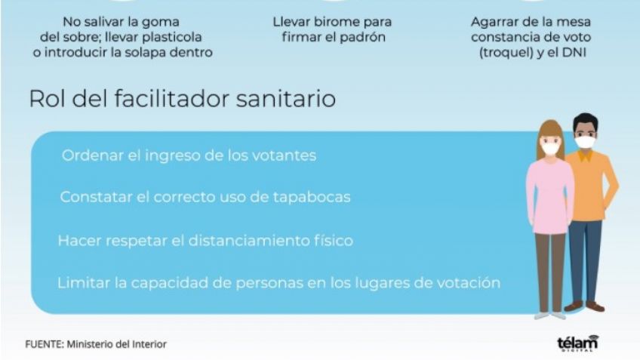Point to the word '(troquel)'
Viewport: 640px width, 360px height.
coord(506,53)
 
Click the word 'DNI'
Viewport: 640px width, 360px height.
coord(574,53)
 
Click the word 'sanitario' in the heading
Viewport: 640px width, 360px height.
coord(286,98)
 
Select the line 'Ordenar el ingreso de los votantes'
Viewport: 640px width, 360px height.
coord(189,155)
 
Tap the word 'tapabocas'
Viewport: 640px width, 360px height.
coord(312,197)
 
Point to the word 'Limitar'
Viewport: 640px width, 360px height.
coord(84,283)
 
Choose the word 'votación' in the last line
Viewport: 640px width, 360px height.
coord(469,283)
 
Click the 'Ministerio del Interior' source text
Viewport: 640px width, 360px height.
coord(117,344)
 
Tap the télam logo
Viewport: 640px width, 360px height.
coord(577,343)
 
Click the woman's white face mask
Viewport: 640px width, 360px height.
coord(551,148)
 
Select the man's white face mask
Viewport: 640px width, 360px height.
coord(586,142)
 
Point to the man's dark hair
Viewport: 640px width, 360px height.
coord(586,121)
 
